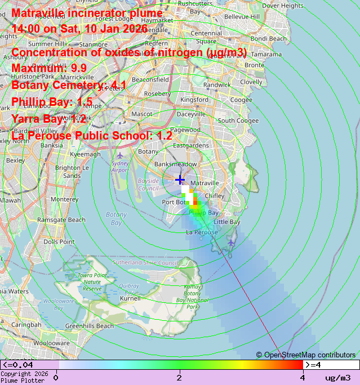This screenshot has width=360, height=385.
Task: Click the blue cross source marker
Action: (x=180, y=180)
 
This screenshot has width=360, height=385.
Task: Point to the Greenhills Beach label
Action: (x=89, y=326)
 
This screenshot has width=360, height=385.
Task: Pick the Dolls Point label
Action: (x=59, y=242)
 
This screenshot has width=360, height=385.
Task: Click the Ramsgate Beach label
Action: (x=61, y=220)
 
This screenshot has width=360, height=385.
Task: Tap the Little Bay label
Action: (x=228, y=222)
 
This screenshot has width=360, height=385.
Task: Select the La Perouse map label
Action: (x=202, y=232)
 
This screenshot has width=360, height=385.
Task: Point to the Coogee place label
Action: (x=241, y=100)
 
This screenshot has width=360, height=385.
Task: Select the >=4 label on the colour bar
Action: (x=313, y=365)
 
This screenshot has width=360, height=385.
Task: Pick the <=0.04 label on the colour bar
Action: (x=17, y=365)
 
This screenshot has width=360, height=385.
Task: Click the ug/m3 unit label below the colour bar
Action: (x=337, y=377)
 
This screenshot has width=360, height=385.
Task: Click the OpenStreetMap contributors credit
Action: (x=306, y=355)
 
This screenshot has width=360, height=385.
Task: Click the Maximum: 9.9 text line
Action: (x=49, y=68)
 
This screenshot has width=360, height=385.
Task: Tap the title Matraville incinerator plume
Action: (x=87, y=13)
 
